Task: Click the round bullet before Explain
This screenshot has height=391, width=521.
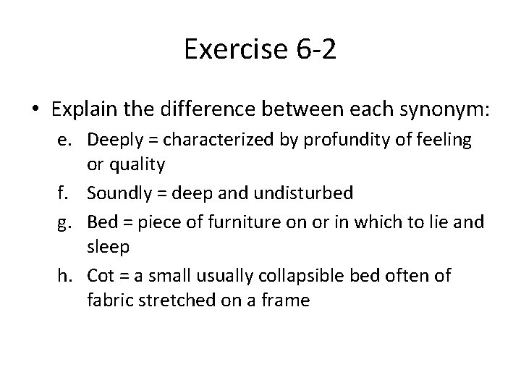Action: point(35,110)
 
